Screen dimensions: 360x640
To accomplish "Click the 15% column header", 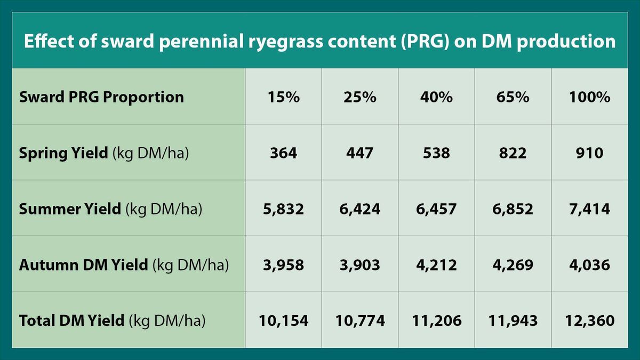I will tap(283, 98).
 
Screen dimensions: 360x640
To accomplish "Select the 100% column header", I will tap(589, 98).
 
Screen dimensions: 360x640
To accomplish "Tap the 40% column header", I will tap(436, 98).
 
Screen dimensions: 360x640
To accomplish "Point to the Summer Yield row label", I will tap(110, 209).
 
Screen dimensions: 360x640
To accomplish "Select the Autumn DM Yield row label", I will tap(124, 265).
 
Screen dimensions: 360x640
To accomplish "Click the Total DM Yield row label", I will tap(113, 321).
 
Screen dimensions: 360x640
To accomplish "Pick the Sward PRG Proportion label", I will tap(101, 98).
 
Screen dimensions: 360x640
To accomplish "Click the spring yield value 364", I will tap(283, 154).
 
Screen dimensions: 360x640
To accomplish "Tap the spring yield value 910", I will tap(589, 154).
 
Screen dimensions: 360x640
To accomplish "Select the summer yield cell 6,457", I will tap(436, 209).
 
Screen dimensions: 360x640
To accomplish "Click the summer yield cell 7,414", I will tap(589, 209).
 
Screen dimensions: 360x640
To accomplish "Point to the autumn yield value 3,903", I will tap(360, 265).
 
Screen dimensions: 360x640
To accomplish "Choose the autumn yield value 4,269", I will tap(513, 265).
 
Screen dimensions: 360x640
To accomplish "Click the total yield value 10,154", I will tap(283, 321).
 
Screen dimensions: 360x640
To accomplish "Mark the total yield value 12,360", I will tap(589, 321).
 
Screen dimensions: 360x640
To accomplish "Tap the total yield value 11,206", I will tap(436, 321).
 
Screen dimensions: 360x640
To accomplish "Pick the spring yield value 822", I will tap(513, 154).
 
